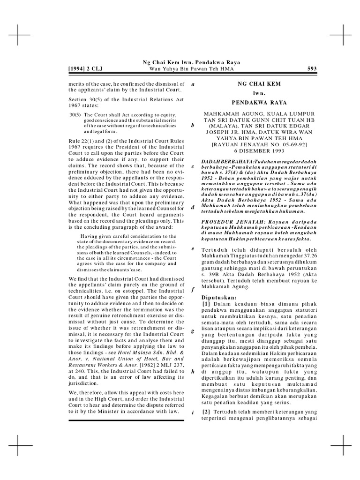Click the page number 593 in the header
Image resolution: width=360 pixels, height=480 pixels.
(x=312, y=69)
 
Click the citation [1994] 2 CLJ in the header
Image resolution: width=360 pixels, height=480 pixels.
(x=85, y=69)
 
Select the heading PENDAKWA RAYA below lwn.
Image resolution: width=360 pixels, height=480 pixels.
(x=259, y=102)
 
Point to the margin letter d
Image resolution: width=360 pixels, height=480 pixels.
(x=193, y=207)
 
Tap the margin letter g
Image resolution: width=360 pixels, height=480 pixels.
(x=193, y=331)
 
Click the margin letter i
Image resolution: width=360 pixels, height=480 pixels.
(x=193, y=412)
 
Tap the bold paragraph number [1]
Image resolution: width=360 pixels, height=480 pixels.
(x=206, y=305)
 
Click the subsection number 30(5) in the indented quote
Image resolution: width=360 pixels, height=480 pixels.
(x=75, y=114)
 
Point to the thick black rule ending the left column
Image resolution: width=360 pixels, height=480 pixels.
(x=126, y=420)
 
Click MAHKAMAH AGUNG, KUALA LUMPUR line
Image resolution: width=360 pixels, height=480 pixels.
(x=259, y=114)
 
